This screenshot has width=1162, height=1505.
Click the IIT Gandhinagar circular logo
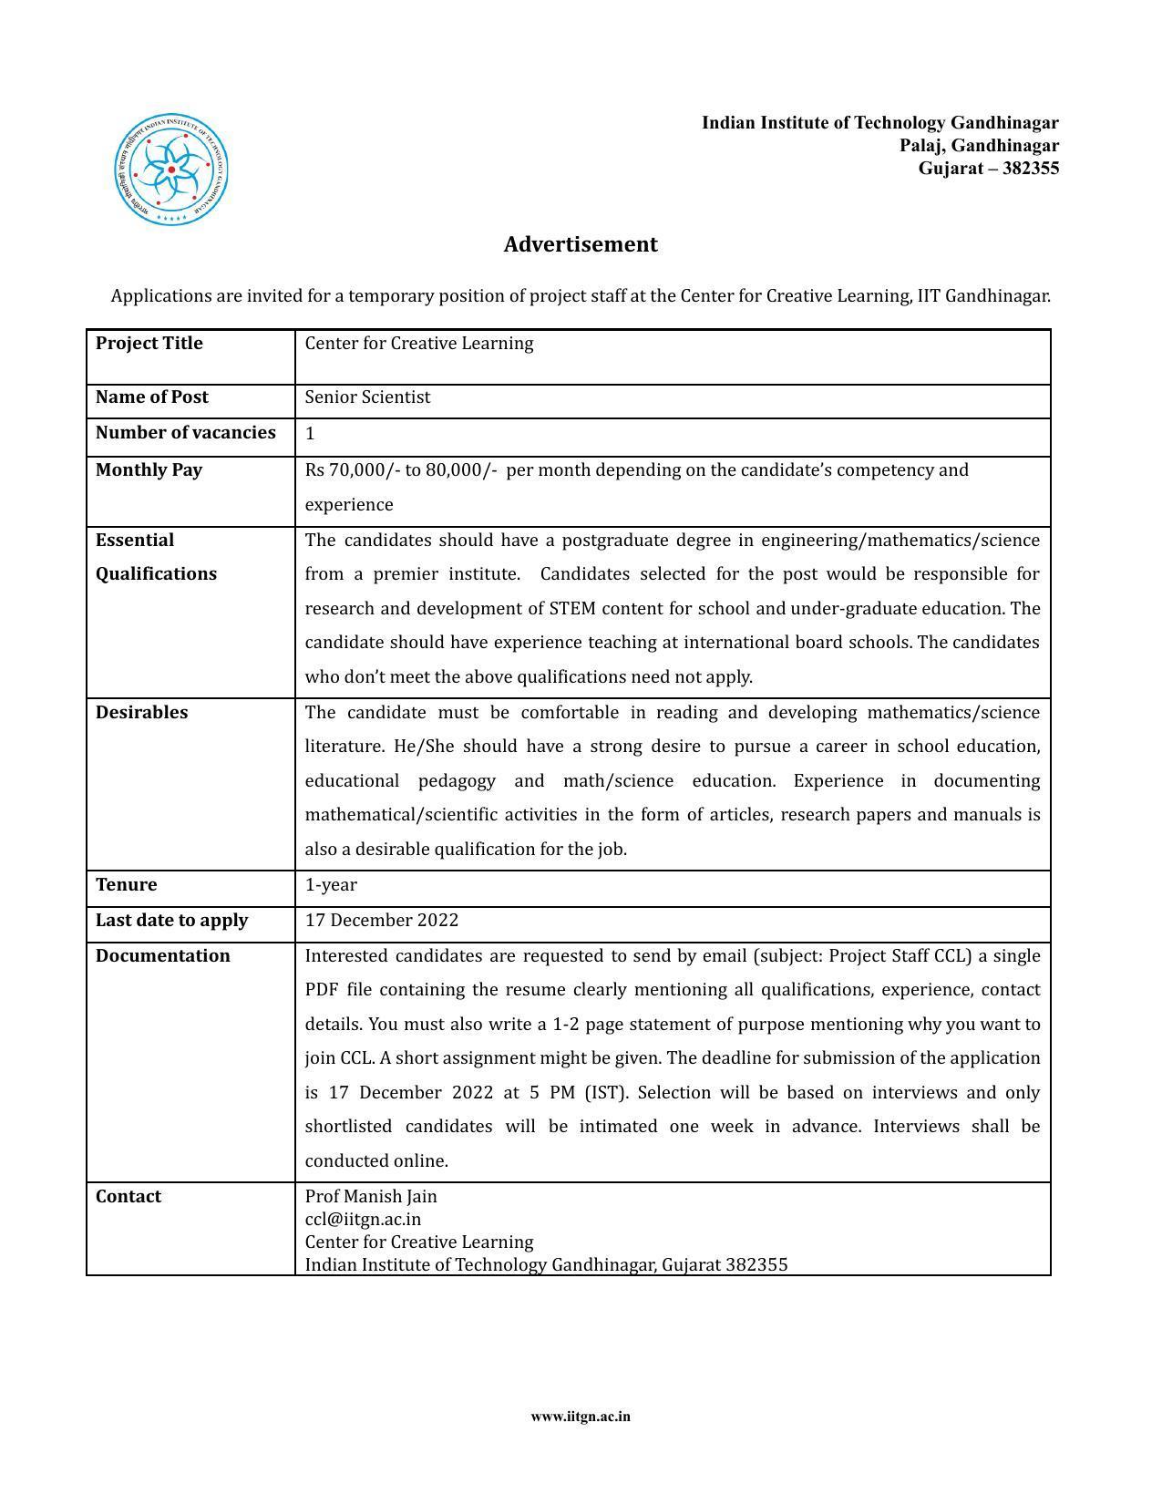171,170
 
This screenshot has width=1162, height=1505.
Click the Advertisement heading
581,244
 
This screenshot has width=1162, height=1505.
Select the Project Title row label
149,344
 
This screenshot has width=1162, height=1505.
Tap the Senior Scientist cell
367,397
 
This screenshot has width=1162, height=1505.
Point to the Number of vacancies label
185,433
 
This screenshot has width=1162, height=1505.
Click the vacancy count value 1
310,434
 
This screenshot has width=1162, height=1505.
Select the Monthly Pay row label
149,470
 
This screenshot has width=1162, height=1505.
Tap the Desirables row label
141,713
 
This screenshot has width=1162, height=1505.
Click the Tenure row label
126,885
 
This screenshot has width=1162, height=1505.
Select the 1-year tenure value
331,885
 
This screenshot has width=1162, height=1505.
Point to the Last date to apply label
171,921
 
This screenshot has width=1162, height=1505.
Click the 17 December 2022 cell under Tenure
381,921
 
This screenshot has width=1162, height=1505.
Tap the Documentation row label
162,956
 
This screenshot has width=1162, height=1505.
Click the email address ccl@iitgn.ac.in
363,1220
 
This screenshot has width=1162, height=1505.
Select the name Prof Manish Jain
371,1197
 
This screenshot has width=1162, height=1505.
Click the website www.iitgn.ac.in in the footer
581,1417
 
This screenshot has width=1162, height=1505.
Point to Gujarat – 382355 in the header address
988,169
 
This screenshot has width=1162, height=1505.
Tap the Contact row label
128,1197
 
